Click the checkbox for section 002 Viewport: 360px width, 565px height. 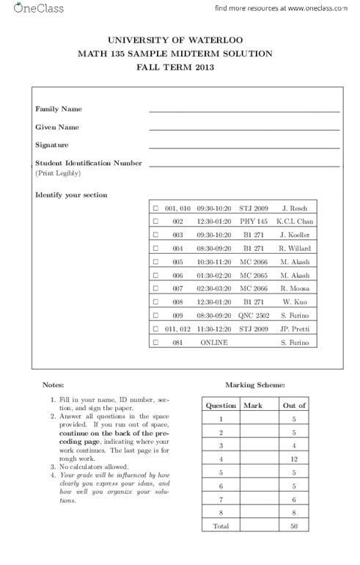(x=155, y=222)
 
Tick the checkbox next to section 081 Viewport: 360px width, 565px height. (x=155, y=343)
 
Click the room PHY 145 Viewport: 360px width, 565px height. (x=254, y=222)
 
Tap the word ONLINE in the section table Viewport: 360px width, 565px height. (x=214, y=343)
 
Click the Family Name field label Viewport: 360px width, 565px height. (x=59, y=109)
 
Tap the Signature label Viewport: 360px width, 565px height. (x=52, y=145)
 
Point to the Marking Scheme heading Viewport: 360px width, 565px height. (x=252, y=384)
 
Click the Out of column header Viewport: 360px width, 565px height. (x=294, y=405)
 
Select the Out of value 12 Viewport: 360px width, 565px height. (x=294, y=459)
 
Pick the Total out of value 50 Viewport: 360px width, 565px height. (x=294, y=526)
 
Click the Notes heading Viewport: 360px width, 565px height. (x=53, y=384)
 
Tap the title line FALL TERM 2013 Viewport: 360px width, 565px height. (x=180, y=67)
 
